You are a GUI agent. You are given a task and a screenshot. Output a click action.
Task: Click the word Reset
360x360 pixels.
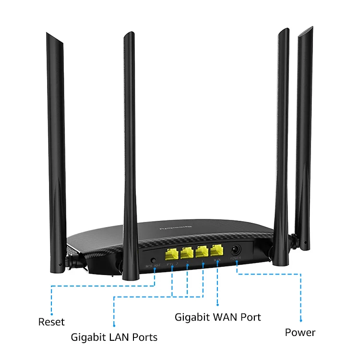[51, 322]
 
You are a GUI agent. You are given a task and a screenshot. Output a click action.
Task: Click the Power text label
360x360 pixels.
[300, 332]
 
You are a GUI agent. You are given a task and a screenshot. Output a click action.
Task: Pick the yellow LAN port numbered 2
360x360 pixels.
[187, 252]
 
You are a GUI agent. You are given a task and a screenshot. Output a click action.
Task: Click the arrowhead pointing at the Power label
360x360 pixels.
[300, 320]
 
